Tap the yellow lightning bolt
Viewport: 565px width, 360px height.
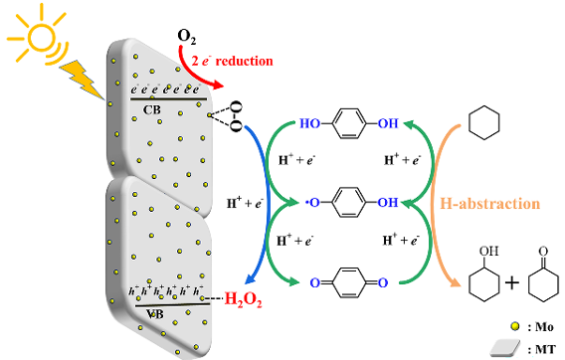tap(82, 80)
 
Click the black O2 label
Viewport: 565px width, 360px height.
tap(187, 37)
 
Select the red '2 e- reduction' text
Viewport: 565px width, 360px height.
tap(232, 61)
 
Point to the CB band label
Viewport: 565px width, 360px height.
tap(152, 109)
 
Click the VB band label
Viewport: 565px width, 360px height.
tap(155, 314)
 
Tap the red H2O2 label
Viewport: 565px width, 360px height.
tap(244, 299)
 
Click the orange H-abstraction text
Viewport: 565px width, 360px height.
tap(490, 204)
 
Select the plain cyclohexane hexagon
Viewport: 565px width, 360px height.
tap(483, 122)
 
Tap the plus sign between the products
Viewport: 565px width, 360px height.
tap(512, 282)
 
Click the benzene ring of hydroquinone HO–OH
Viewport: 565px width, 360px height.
tap(349, 123)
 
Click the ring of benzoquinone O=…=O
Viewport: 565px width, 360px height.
tap(349, 282)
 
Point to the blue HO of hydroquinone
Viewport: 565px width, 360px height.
tap(310, 123)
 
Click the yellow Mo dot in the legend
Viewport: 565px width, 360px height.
tap(515, 326)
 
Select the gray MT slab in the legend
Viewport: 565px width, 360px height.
tap(505, 348)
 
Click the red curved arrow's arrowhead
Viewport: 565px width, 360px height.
tap(218, 86)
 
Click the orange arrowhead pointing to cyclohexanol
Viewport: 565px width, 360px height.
tap(456, 282)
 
